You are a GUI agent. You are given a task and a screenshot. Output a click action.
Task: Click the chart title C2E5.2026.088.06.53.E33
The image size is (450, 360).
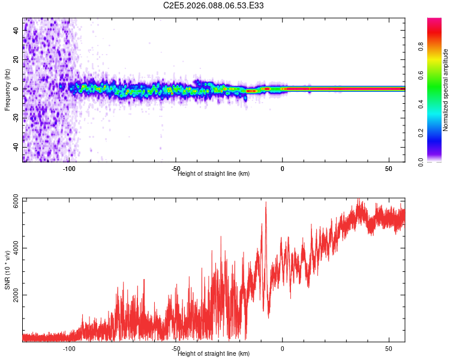(x=214, y=5)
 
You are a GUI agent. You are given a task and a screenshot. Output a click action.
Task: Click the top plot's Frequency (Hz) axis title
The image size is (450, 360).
(x=7, y=90)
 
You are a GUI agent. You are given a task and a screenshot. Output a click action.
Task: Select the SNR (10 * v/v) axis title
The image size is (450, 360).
(x=7, y=270)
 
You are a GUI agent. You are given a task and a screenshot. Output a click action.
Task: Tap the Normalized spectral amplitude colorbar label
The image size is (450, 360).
(x=446, y=90)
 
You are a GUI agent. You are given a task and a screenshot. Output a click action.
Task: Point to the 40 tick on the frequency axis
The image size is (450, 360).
(x=17, y=31)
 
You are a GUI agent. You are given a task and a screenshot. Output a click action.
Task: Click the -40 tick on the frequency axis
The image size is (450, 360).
(x=17, y=147)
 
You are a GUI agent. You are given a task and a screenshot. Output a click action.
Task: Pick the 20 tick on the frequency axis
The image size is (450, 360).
(x=17, y=60)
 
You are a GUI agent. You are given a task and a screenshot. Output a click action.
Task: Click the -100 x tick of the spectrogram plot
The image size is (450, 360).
(x=70, y=169)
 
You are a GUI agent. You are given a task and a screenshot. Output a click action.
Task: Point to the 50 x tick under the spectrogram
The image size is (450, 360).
(x=389, y=169)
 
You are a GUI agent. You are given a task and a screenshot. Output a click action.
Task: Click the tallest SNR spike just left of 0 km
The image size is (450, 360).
(x=266, y=203)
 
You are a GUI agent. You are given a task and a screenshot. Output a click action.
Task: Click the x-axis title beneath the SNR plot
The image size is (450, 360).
(x=214, y=354)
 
